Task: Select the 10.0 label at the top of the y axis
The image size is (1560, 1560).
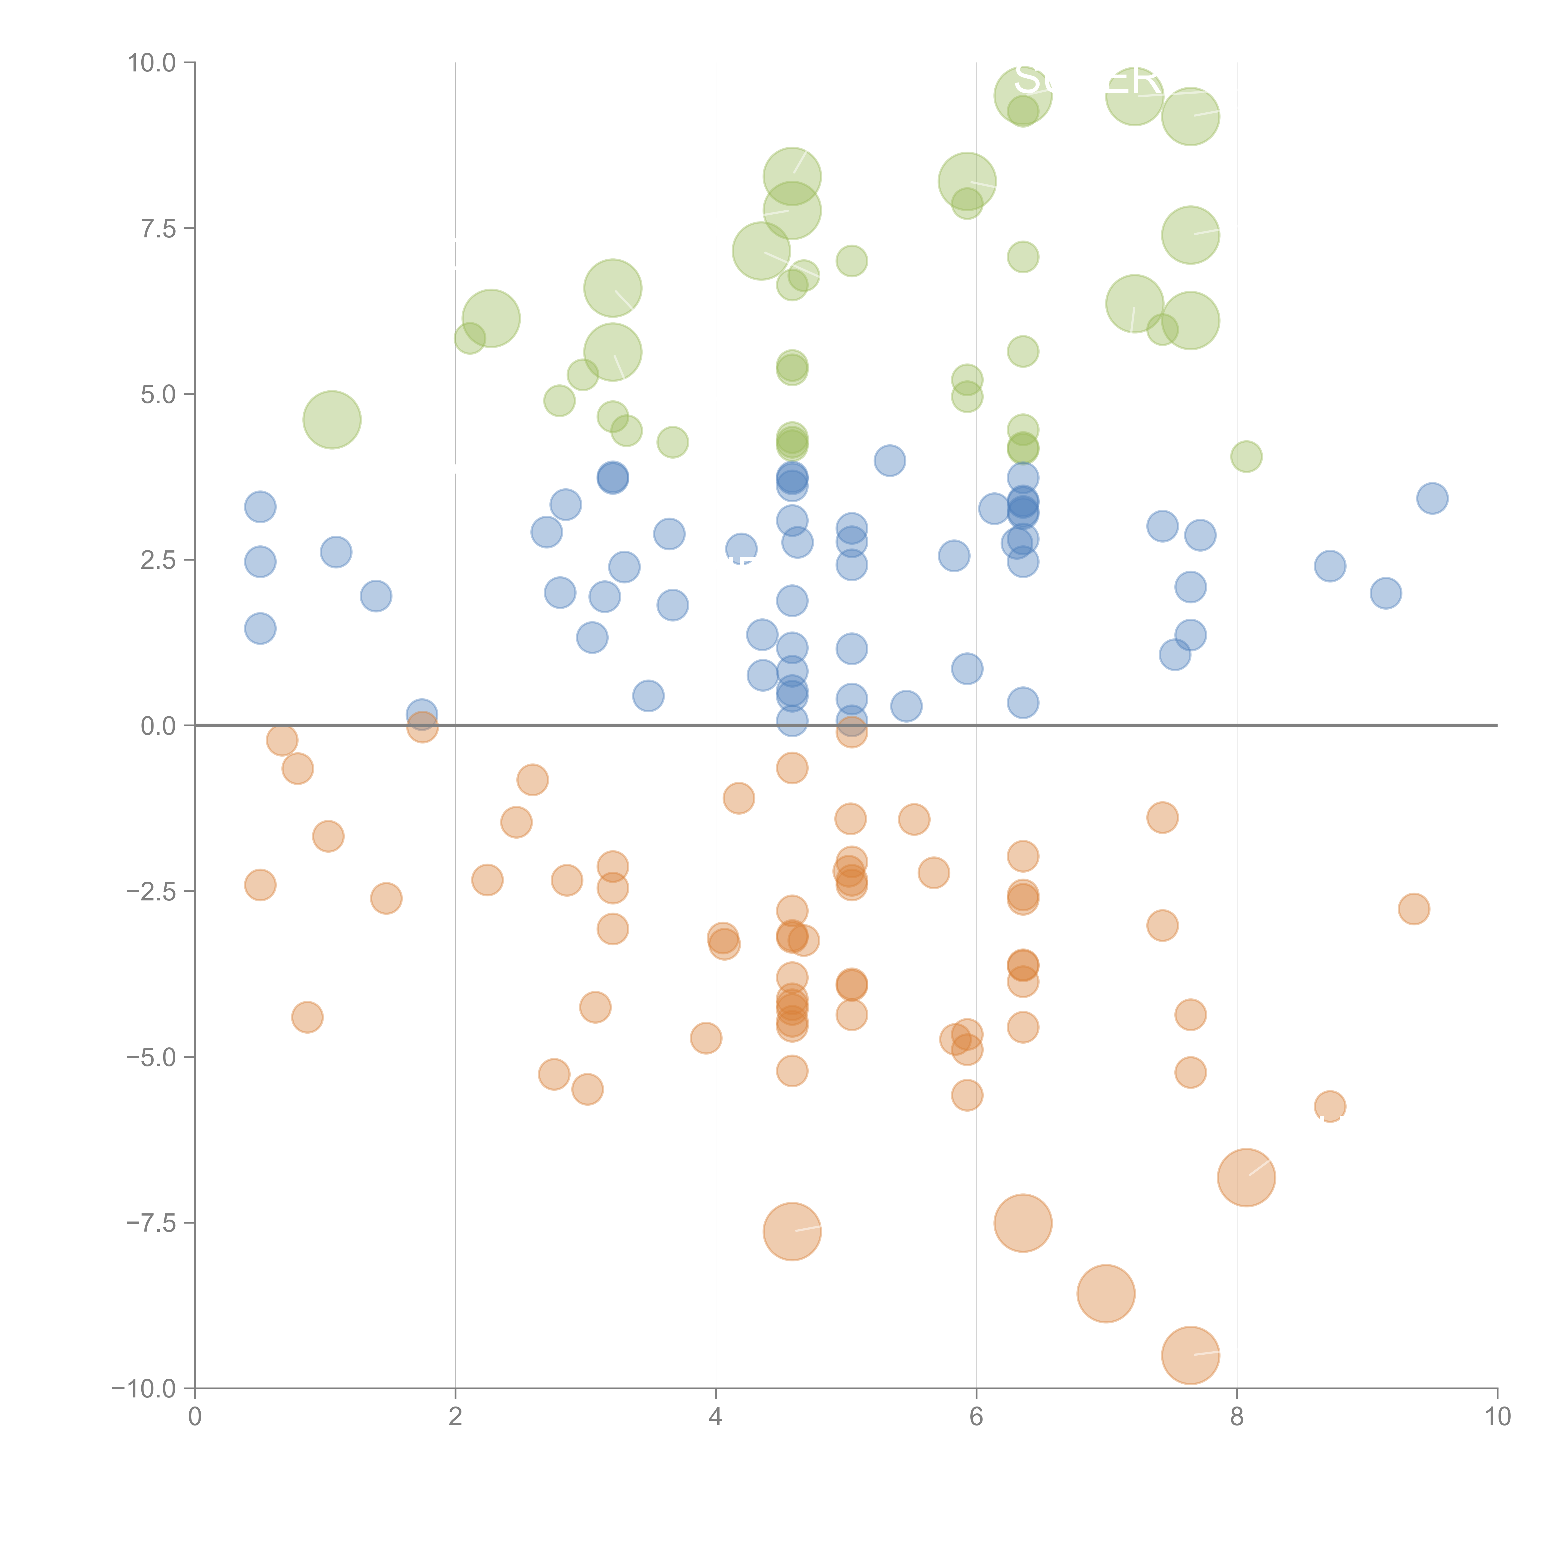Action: [152, 63]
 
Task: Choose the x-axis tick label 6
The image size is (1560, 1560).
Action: [976, 1417]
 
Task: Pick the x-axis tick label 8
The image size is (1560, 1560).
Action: [1237, 1417]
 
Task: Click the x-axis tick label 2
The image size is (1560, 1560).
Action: [456, 1417]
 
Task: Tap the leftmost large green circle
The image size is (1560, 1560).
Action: [332, 420]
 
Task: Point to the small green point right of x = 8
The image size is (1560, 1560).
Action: [1246, 456]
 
